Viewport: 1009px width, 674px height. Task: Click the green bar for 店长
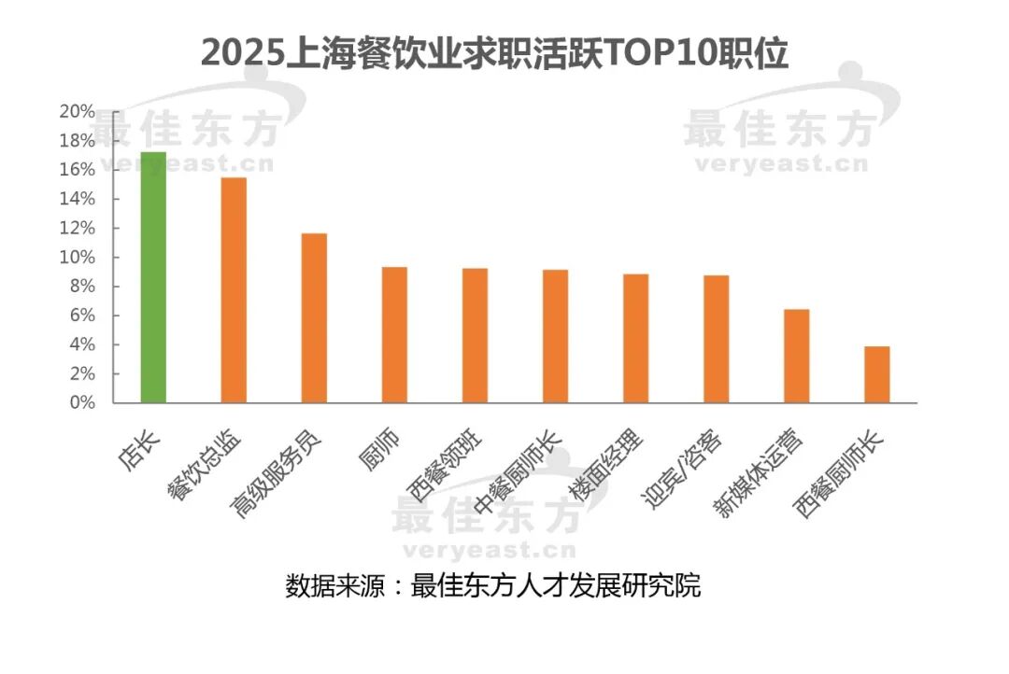[x=153, y=277]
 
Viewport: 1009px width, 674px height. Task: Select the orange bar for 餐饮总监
[x=234, y=290]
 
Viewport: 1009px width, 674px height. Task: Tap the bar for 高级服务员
[x=314, y=318]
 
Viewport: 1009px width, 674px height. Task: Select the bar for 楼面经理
[x=635, y=339]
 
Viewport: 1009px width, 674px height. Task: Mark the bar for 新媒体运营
[x=796, y=356]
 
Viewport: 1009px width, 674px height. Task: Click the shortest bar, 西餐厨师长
[x=876, y=374]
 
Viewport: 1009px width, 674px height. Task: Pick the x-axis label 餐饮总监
[x=208, y=464]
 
